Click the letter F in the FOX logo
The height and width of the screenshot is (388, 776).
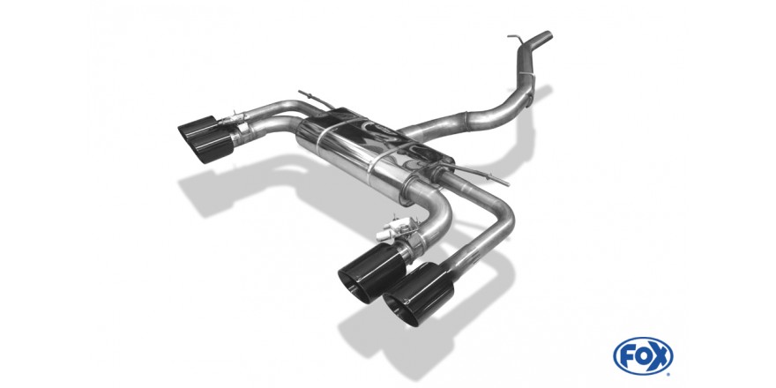626,355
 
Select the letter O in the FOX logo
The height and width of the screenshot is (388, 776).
643,355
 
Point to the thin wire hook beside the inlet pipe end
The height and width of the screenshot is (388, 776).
515,39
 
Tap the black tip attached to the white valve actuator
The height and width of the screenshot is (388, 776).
371,272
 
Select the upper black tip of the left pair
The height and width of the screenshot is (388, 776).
198,128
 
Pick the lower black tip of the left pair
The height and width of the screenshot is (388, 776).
212,145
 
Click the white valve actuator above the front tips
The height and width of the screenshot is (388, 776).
393,228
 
